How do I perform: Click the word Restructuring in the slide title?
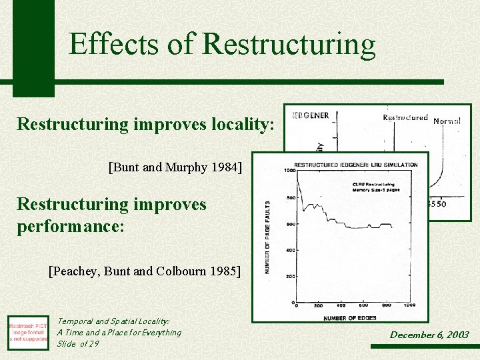tap(289, 44)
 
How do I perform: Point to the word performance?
tap(70, 226)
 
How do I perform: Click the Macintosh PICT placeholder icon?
tap(28, 331)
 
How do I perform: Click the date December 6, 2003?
tap(429, 335)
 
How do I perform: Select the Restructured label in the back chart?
tap(405, 118)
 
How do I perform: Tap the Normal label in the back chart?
tap(447, 121)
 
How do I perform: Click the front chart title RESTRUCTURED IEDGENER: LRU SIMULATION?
tap(355, 165)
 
